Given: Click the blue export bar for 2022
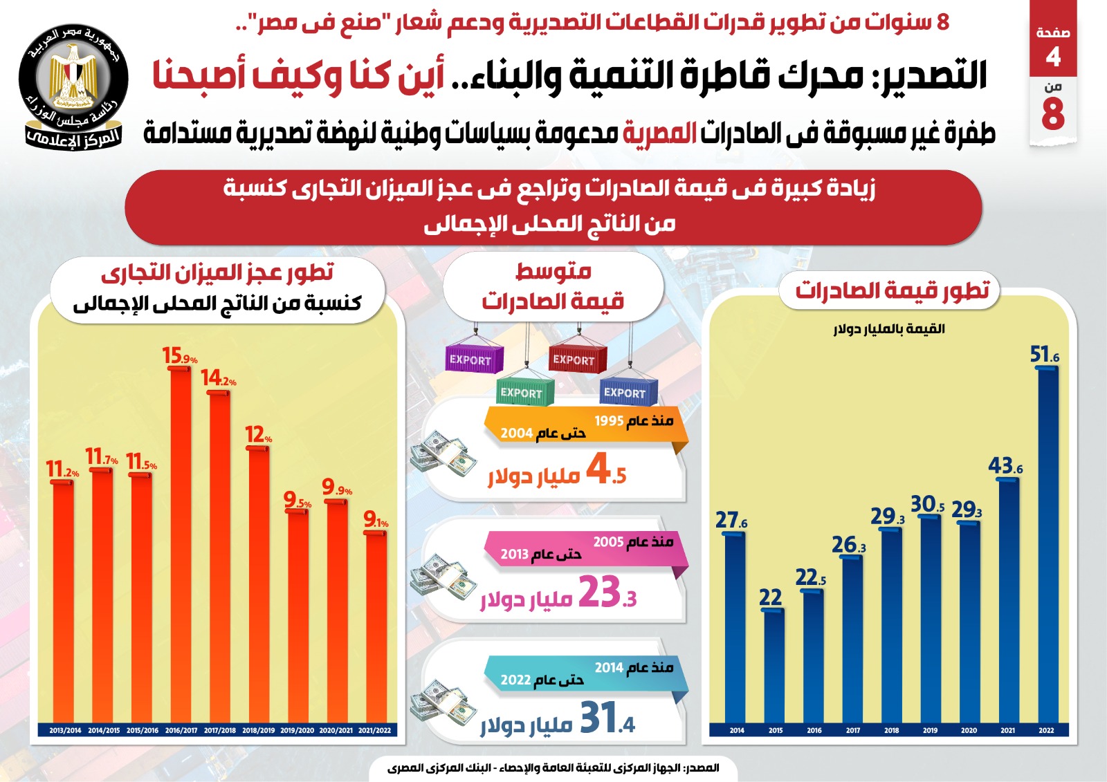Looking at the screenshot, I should [1047, 546].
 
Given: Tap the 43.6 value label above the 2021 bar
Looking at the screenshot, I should [1005, 466].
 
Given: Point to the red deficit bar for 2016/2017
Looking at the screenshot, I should [181, 546].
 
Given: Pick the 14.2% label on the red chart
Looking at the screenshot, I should [219, 378].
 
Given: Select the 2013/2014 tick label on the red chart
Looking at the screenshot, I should [65, 730].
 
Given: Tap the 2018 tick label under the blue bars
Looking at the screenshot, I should [891, 730].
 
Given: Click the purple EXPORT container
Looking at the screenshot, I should [473, 359].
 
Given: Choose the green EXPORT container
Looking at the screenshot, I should [525, 392].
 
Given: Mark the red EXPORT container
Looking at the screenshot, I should [577, 359].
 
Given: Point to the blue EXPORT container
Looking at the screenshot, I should [627, 392].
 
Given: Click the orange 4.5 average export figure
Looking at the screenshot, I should [606, 469].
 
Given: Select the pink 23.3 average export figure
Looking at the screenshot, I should [607, 593].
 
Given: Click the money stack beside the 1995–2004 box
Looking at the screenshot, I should [443, 453].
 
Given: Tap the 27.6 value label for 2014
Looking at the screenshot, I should [731, 520].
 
